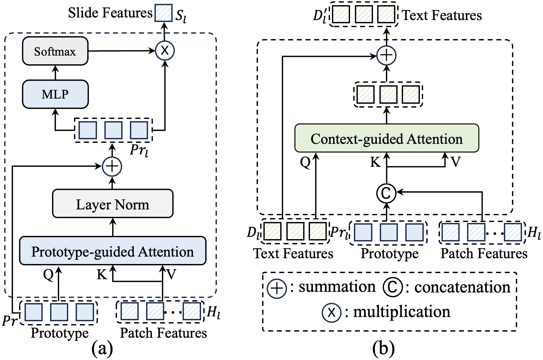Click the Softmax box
tap(55, 51)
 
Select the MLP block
tap(55, 94)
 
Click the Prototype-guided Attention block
tap(112, 251)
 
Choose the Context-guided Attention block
tap(387, 138)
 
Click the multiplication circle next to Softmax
tap(165, 51)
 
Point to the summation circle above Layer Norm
tap(112, 166)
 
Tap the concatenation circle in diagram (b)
tap(387, 193)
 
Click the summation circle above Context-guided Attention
tap(387, 56)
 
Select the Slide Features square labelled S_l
tap(164, 13)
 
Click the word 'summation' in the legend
tap(337, 287)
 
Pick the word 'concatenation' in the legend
tap(462, 287)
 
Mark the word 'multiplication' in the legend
tap(401, 312)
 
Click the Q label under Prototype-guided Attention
tap(48, 274)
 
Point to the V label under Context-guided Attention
tap(456, 162)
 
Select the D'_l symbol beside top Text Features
tap(320, 16)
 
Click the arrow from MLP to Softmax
tap(55, 73)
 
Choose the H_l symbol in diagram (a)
tap(213, 312)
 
